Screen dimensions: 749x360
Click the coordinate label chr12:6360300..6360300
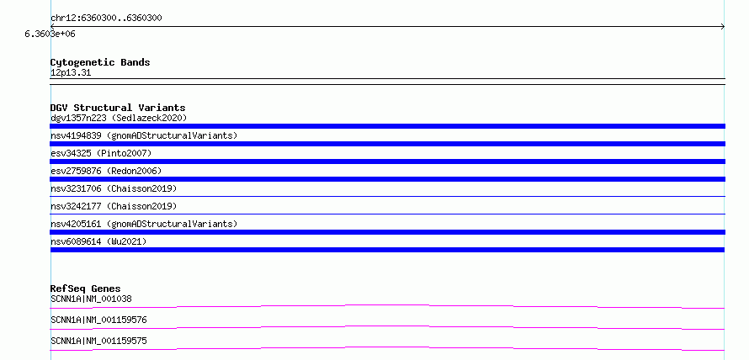tap(106, 19)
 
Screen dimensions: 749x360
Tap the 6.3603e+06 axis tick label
tap(50, 34)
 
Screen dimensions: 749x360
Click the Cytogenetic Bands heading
tap(100, 62)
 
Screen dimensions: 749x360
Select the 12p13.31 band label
tap(71, 73)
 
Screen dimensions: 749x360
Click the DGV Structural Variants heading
tap(118, 108)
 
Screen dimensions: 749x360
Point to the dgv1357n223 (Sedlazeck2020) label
tap(119, 118)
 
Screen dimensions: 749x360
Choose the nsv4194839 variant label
tap(144, 135)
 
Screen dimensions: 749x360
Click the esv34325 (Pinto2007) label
tap(101, 153)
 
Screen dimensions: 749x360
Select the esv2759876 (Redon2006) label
tap(106, 171)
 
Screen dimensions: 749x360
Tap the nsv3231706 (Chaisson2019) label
tap(114, 188)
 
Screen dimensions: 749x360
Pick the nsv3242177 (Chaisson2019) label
tap(114, 206)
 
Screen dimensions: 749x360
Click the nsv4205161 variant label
tap(144, 224)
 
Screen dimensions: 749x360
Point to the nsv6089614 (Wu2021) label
tap(98, 241)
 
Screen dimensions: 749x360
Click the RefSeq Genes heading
tap(85, 289)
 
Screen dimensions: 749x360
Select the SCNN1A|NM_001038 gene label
tap(91, 299)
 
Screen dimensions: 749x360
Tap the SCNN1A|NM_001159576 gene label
tap(98, 320)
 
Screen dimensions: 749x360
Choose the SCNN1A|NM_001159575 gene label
tap(98, 341)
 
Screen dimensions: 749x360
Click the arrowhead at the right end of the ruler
tap(724, 27)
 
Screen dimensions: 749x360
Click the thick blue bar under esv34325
tap(387, 161)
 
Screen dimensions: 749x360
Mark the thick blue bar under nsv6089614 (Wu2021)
tap(387, 250)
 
